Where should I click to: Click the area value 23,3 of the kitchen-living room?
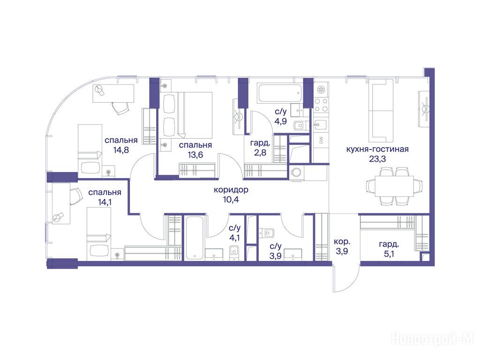tap(377, 159)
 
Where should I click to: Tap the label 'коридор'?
tap(231, 190)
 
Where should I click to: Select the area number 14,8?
tap(121, 150)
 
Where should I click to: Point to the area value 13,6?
tap(195, 155)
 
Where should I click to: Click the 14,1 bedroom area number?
tap(105, 202)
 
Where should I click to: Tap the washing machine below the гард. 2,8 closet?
tap(296, 172)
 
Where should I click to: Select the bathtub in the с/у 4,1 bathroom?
tap(195, 238)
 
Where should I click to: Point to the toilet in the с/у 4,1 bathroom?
tap(234, 253)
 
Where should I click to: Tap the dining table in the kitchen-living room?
tap(394, 186)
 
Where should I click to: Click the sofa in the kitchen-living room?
tap(381, 111)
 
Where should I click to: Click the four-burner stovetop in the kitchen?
tap(321, 105)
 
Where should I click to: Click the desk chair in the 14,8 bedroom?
tap(120, 107)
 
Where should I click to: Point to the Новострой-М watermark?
tap(433, 339)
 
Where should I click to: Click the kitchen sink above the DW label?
tap(320, 125)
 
